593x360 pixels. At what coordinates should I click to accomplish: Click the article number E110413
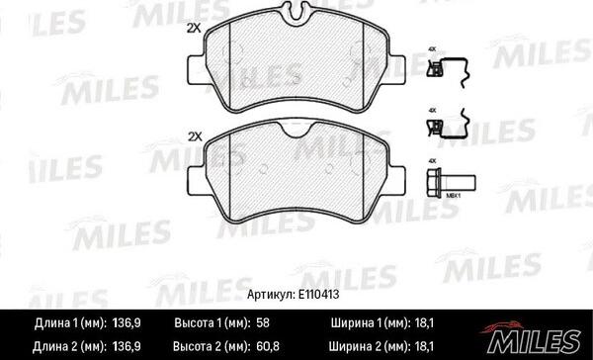pyautogui.click(x=318, y=295)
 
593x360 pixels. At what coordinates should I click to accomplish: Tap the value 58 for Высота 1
pyautogui.click(x=263, y=322)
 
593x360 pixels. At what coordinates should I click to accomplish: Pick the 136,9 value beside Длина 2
pyautogui.click(x=127, y=346)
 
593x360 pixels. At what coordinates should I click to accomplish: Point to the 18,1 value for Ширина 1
pyautogui.click(x=424, y=322)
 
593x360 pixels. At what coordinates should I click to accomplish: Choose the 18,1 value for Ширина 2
pyautogui.click(x=424, y=346)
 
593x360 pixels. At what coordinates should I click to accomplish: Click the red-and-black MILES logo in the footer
pyautogui.click(x=533, y=337)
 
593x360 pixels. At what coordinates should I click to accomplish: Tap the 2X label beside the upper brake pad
pyautogui.click(x=194, y=29)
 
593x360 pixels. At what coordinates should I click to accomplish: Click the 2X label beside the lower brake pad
pyautogui.click(x=195, y=136)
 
